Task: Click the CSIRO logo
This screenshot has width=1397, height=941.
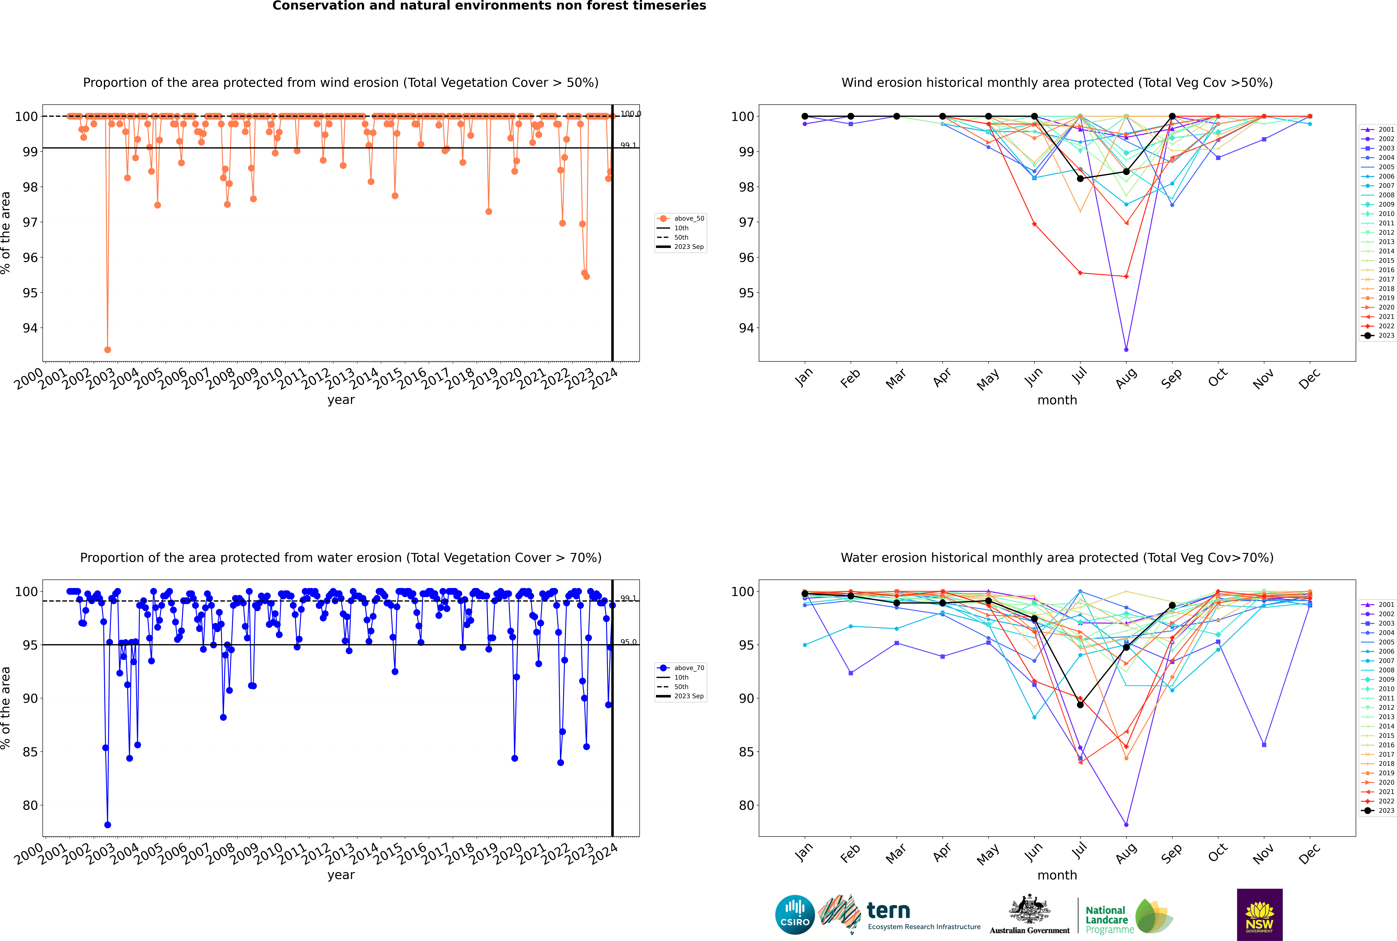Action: pyautogui.click(x=795, y=915)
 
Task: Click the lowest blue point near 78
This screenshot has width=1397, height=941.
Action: pyautogui.click(x=107, y=825)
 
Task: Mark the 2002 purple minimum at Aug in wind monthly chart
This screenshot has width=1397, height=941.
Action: pyautogui.click(x=1126, y=349)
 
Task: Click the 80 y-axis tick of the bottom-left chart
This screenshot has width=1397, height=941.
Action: pyautogui.click(x=30, y=805)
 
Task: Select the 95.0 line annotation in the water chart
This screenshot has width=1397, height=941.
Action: pyautogui.click(x=628, y=642)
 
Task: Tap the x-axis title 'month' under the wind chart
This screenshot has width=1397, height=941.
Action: pyautogui.click(x=1057, y=400)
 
